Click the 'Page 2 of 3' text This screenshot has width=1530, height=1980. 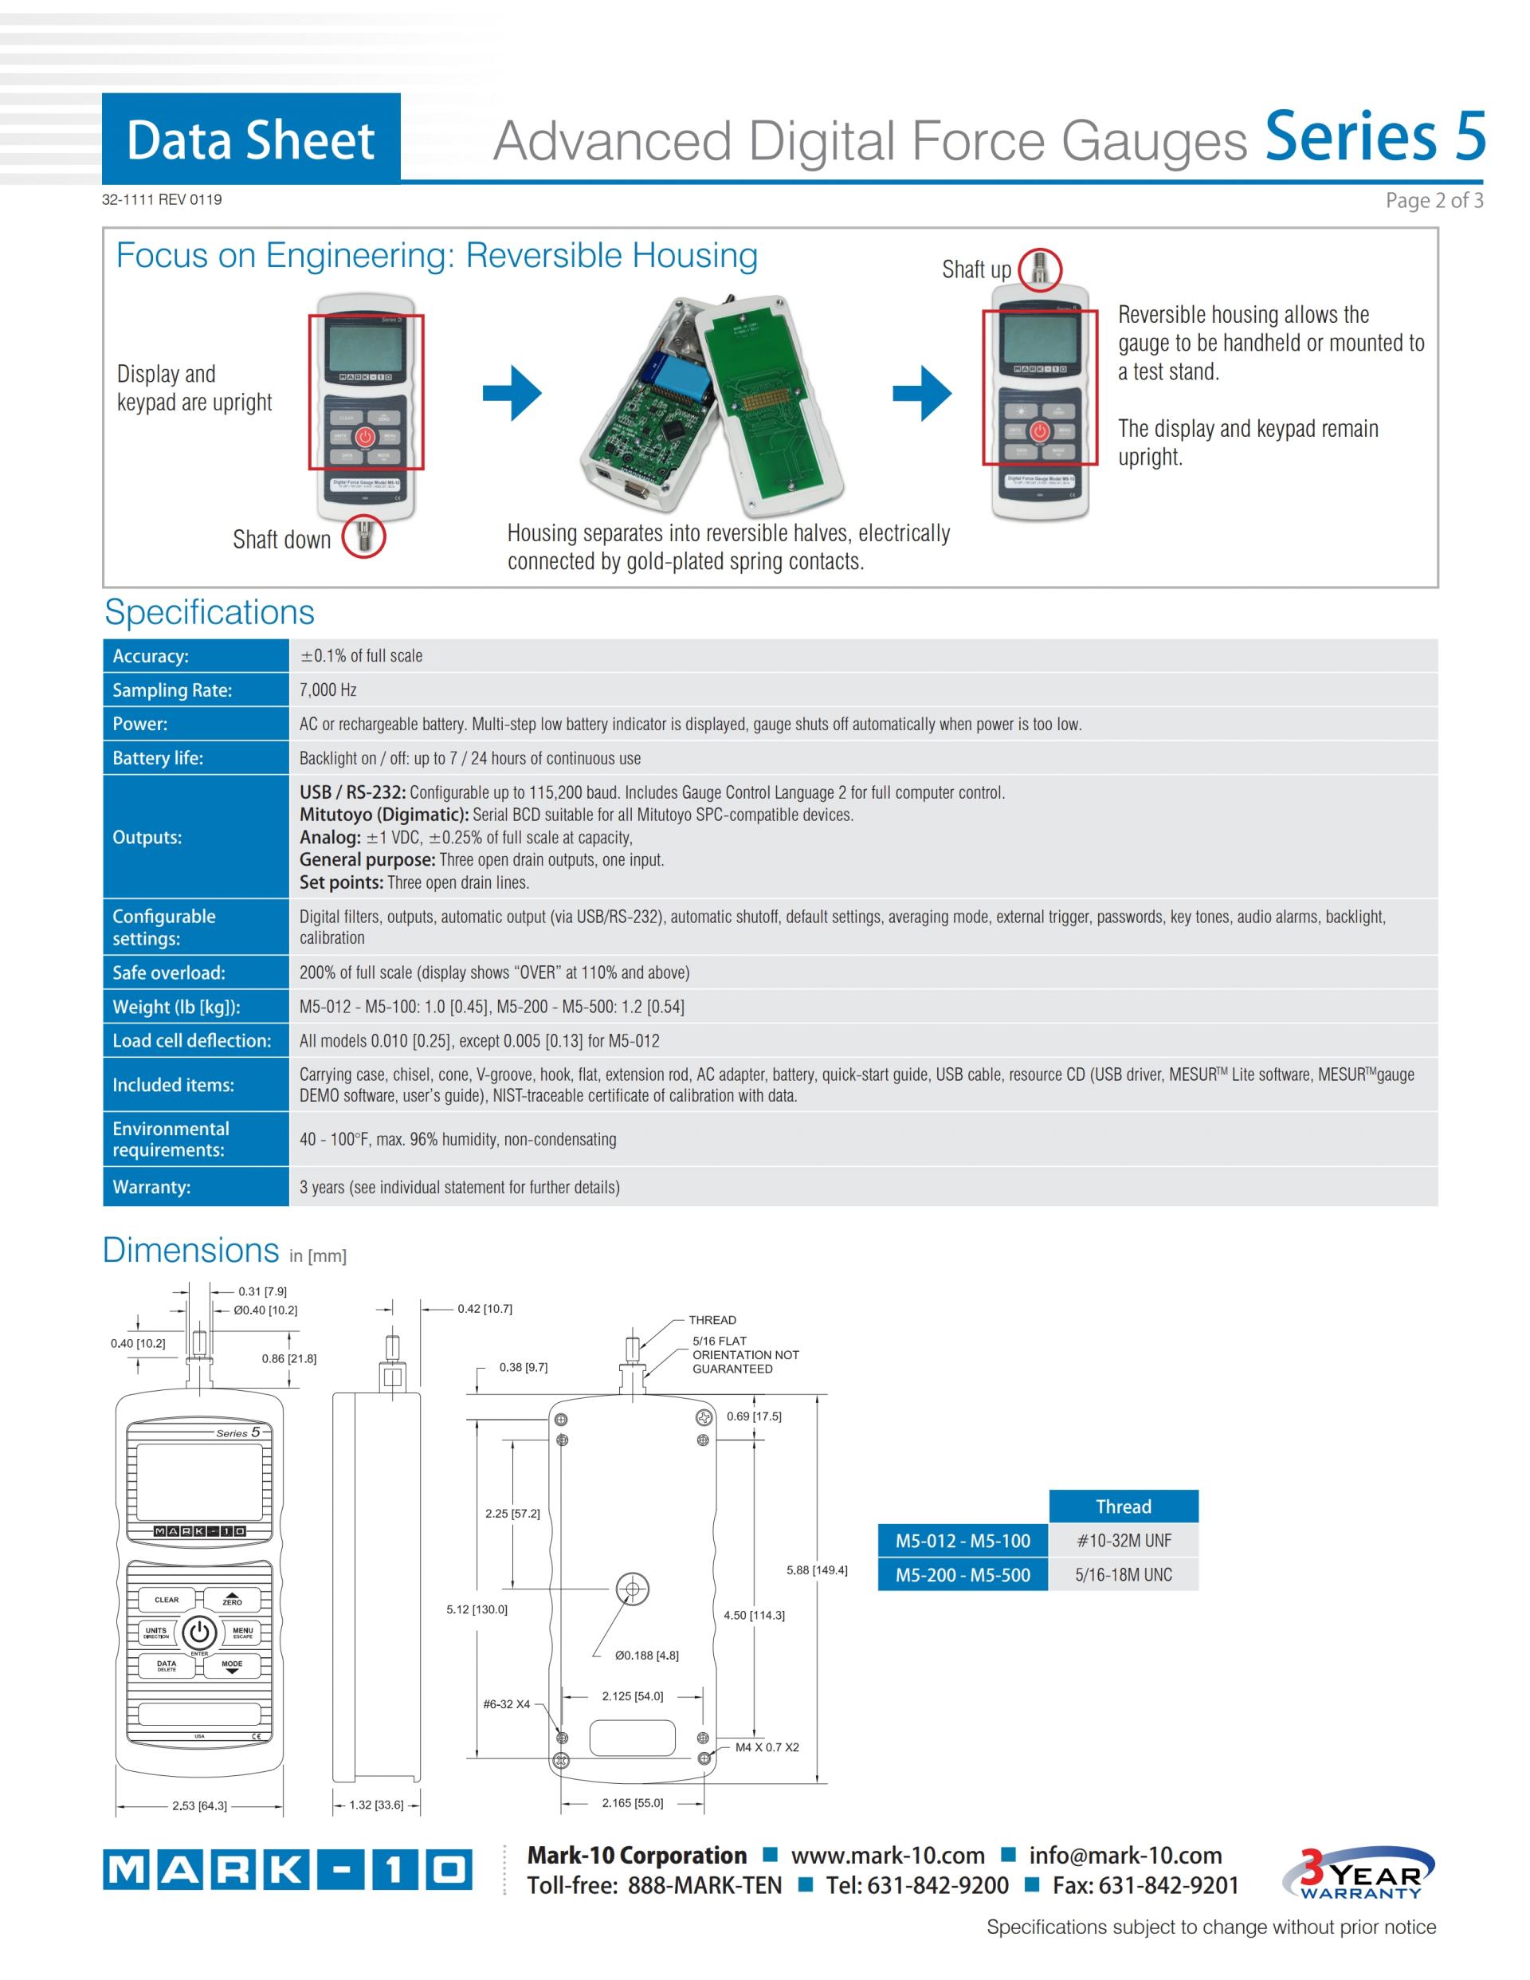click(1433, 200)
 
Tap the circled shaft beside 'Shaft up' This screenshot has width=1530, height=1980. click(1040, 269)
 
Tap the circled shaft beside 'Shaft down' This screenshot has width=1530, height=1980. click(363, 536)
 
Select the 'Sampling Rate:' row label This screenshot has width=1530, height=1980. click(172, 690)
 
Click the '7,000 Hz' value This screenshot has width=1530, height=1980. click(328, 690)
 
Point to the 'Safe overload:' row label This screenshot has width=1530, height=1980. click(169, 972)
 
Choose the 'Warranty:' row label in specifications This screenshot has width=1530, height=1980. click(151, 1187)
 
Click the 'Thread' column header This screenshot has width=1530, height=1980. click(1123, 1507)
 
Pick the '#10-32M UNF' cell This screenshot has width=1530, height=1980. click(1123, 1542)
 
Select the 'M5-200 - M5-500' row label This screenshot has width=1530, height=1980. click(963, 1576)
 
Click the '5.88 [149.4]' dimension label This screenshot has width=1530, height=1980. click(817, 1570)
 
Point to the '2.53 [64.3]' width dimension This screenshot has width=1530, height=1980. click(199, 1806)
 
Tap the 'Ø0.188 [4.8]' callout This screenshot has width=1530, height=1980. click(646, 1656)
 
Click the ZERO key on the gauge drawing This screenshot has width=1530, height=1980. click(232, 1600)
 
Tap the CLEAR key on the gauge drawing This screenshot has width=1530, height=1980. click(167, 1600)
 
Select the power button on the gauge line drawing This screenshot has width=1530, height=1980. click(199, 1632)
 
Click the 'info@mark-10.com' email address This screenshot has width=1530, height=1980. click(1125, 1856)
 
